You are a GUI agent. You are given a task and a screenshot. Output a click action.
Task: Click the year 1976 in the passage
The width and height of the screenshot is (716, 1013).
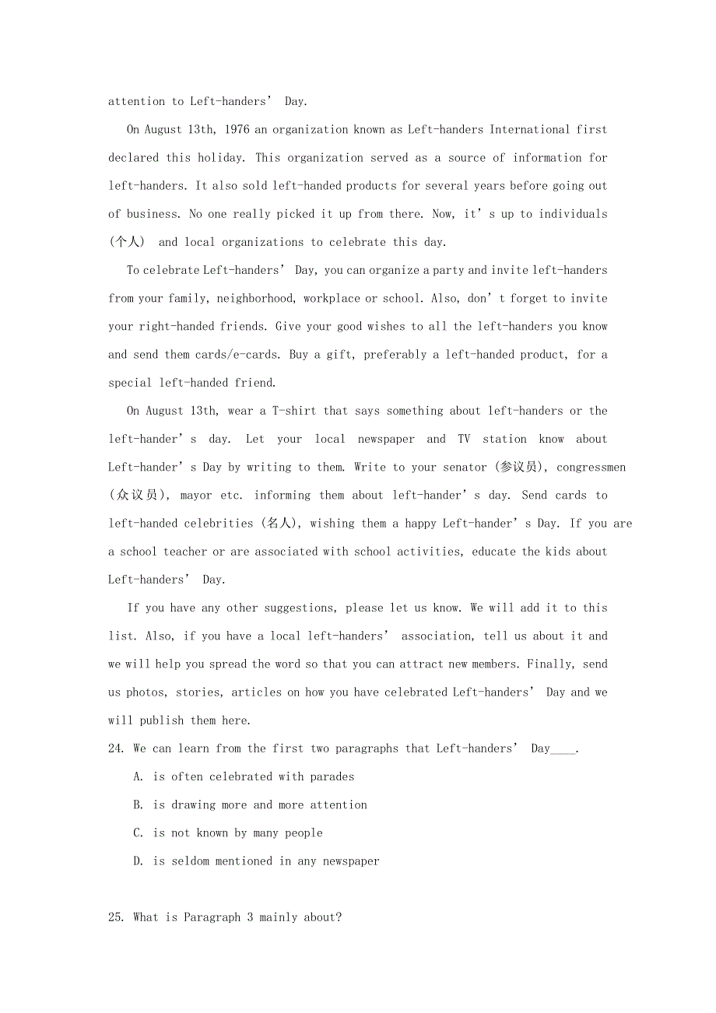coord(237,130)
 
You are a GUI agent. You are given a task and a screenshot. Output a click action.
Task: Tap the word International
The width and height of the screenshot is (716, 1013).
coord(529,130)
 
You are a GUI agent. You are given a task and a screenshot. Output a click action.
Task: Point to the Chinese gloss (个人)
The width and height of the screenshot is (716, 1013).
coord(126,242)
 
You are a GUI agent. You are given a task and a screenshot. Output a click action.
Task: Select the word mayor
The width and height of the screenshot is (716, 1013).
coord(197,496)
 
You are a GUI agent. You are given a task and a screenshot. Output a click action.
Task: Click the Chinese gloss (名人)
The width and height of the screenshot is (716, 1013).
coord(279,524)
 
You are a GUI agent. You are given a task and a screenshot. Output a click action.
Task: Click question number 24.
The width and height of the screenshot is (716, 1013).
coord(117,748)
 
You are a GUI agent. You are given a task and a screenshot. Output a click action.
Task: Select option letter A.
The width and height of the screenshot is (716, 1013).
coord(138,776)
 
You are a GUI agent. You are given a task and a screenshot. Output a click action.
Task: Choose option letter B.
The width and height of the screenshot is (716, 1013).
coord(138,804)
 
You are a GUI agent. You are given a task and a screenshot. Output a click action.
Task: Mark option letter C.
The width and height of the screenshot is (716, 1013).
coord(138,832)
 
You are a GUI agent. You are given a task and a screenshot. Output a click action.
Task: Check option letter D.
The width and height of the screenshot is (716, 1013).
coord(138,861)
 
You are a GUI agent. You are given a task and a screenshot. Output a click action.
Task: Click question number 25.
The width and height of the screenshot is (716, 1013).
coord(117,917)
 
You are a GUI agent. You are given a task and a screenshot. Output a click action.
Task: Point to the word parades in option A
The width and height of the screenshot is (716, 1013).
coord(332,776)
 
